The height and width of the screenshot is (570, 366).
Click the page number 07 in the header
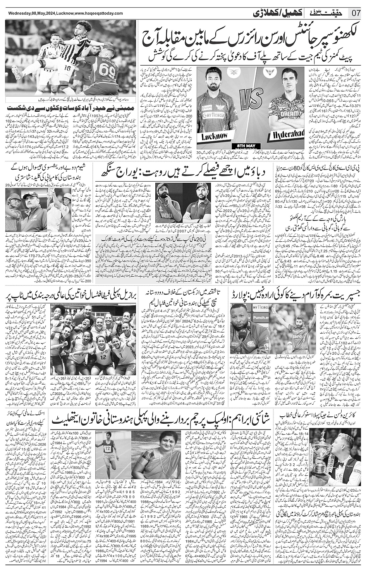click(356, 12)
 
